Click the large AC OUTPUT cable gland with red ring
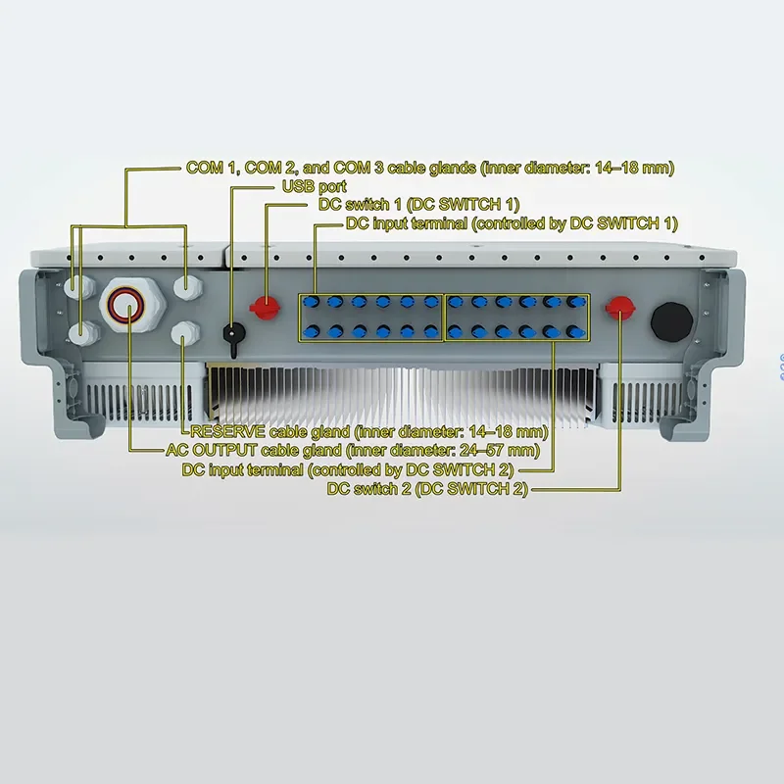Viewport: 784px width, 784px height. tap(125, 307)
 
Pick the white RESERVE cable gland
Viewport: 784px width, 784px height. tap(185, 334)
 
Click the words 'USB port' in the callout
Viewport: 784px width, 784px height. tap(314, 186)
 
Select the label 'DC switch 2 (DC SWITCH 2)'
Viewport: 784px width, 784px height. tap(427, 489)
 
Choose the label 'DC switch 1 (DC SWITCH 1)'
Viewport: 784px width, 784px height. tap(418, 205)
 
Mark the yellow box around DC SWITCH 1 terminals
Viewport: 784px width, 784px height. tap(371, 318)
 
